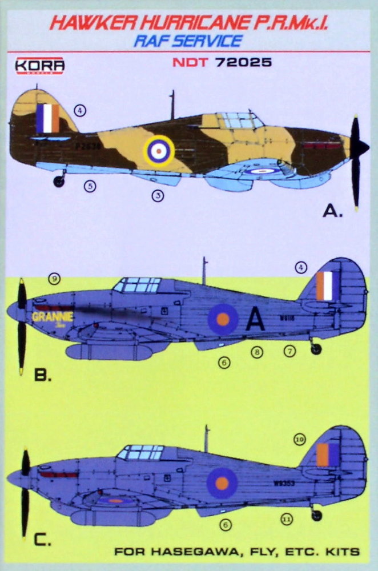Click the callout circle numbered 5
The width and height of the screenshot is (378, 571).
tap(89, 185)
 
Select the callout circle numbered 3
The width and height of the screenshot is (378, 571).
tap(158, 196)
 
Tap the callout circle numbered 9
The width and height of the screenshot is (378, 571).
tap(55, 279)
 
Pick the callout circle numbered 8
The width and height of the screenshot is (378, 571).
tap(258, 352)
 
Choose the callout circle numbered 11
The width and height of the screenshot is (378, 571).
tap(287, 519)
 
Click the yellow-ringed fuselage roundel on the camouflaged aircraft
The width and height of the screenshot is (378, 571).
tap(156, 150)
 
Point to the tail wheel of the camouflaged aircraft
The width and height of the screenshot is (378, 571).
tap(59, 181)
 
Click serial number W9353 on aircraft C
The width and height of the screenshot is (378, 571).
tap(284, 482)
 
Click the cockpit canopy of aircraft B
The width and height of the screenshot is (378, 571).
tap(138, 285)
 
